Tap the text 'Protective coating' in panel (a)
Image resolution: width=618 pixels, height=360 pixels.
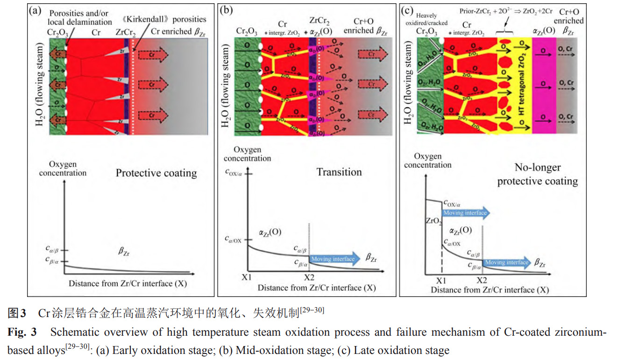156,173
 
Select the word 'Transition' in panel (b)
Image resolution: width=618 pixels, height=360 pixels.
339,172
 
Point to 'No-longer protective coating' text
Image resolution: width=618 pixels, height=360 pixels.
537,174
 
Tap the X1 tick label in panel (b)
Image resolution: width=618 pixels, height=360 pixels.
247,277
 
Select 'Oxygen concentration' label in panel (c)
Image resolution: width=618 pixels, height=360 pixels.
427,161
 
